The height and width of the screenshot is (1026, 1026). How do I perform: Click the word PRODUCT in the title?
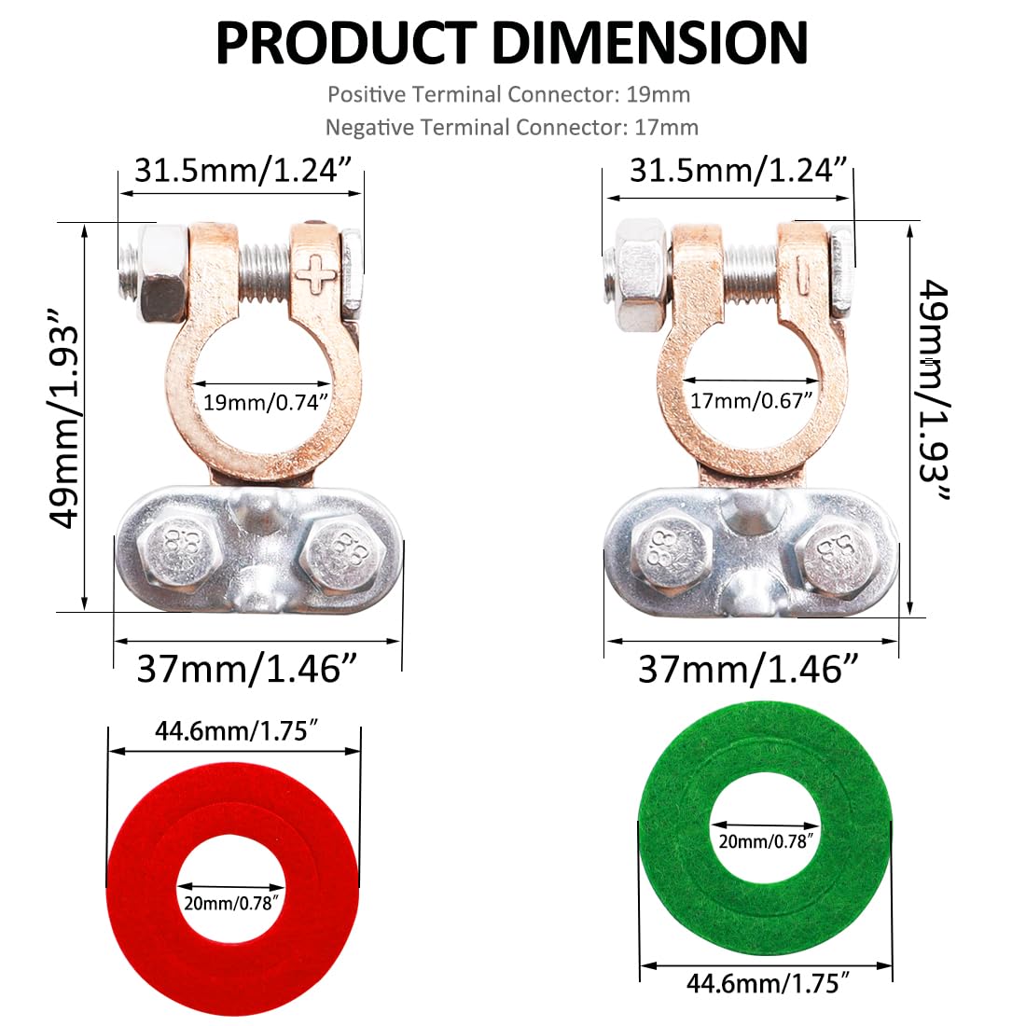[x=345, y=42]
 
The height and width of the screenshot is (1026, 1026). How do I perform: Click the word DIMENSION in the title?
[x=649, y=42]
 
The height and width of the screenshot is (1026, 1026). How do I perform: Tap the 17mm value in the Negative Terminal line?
[x=666, y=127]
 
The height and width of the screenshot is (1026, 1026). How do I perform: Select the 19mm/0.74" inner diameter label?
[x=267, y=403]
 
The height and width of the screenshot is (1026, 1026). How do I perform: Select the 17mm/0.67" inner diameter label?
[x=752, y=401]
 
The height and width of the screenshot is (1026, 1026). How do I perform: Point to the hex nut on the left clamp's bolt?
[x=163, y=273]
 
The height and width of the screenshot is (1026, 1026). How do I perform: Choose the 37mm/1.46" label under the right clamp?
[x=748, y=669]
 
